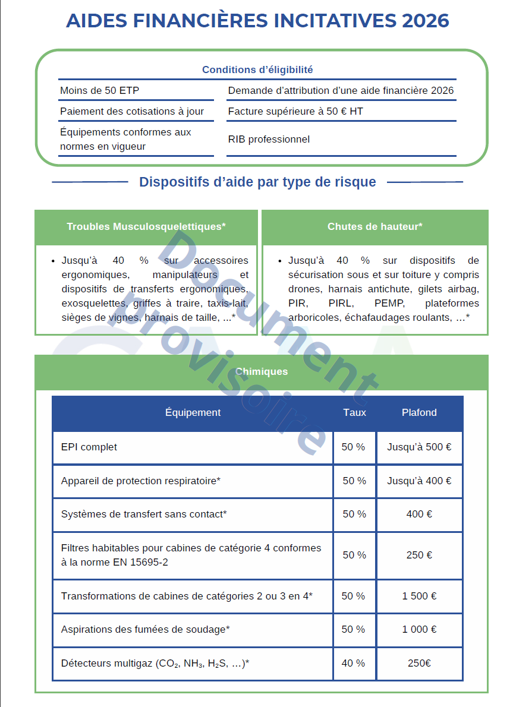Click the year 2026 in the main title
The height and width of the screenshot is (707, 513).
(x=425, y=21)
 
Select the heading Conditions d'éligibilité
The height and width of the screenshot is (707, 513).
(x=257, y=70)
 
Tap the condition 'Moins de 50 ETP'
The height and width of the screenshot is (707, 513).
(x=100, y=91)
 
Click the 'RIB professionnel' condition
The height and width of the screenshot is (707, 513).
(x=269, y=140)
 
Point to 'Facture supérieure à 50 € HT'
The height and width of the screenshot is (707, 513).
(x=295, y=112)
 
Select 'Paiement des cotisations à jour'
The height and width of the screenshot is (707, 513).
(x=132, y=112)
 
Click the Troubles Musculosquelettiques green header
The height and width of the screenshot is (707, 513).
(x=146, y=227)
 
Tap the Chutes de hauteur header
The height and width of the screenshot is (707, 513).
(x=374, y=227)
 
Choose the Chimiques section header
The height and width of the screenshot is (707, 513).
(x=262, y=372)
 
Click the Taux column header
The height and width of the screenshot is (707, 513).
(x=354, y=413)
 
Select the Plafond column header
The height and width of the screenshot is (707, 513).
(x=419, y=413)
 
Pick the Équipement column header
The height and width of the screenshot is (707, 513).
(x=193, y=413)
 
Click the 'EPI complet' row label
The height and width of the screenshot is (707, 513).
(x=89, y=447)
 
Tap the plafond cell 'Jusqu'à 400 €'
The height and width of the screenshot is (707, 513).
(x=419, y=481)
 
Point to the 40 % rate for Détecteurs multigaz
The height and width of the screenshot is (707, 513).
(x=354, y=663)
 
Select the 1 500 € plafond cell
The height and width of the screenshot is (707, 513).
(x=419, y=596)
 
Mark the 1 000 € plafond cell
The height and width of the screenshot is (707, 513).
(x=419, y=629)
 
